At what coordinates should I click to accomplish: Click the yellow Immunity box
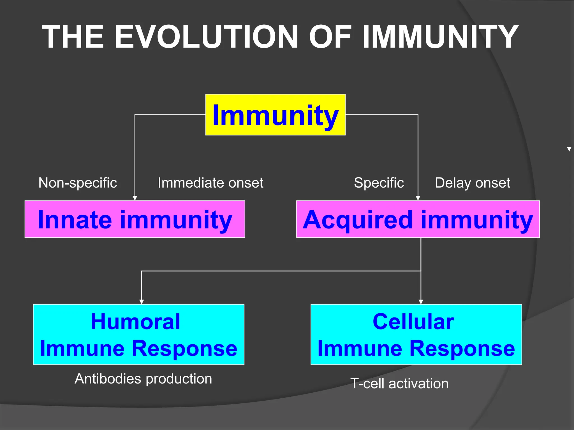pyautogui.click(x=275, y=115)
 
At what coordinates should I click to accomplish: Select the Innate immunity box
pyautogui.click(x=135, y=219)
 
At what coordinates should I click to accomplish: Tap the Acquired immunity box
pyautogui.click(x=418, y=219)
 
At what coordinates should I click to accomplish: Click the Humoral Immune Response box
pyautogui.click(x=138, y=334)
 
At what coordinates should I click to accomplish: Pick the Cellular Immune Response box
pyautogui.click(x=416, y=334)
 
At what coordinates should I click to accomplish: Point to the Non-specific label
pyautogui.click(x=78, y=183)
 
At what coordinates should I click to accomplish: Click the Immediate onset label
pyautogui.click(x=210, y=183)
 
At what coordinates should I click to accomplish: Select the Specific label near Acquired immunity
pyautogui.click(x=379, y=183)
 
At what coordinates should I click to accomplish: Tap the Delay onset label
pyautogui.click(x=472, y=183)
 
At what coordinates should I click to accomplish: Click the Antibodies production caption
pyautogui.click(x=143, y=379)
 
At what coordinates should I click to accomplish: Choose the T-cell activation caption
pyautogui.click(x=399, y=384)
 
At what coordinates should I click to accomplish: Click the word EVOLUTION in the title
pyautogui.click(x=206, y=37)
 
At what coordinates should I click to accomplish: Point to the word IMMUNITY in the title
pyautogui.click(x=440, y=37)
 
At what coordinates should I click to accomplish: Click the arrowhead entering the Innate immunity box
pyautogui.click(x=135, y=198)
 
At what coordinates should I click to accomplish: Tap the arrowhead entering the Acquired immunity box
pyautogui.click(x=418, y=198)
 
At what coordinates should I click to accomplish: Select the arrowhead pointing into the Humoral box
pyautogui.click(x=142, y=302)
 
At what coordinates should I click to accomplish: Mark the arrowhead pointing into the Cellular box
pyautogui.click(x=421, y=302)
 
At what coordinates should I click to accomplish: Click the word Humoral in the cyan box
pyautogui.click(x=136, y=322)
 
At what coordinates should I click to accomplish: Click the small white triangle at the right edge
pyautogui.click(x=569, y=149)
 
